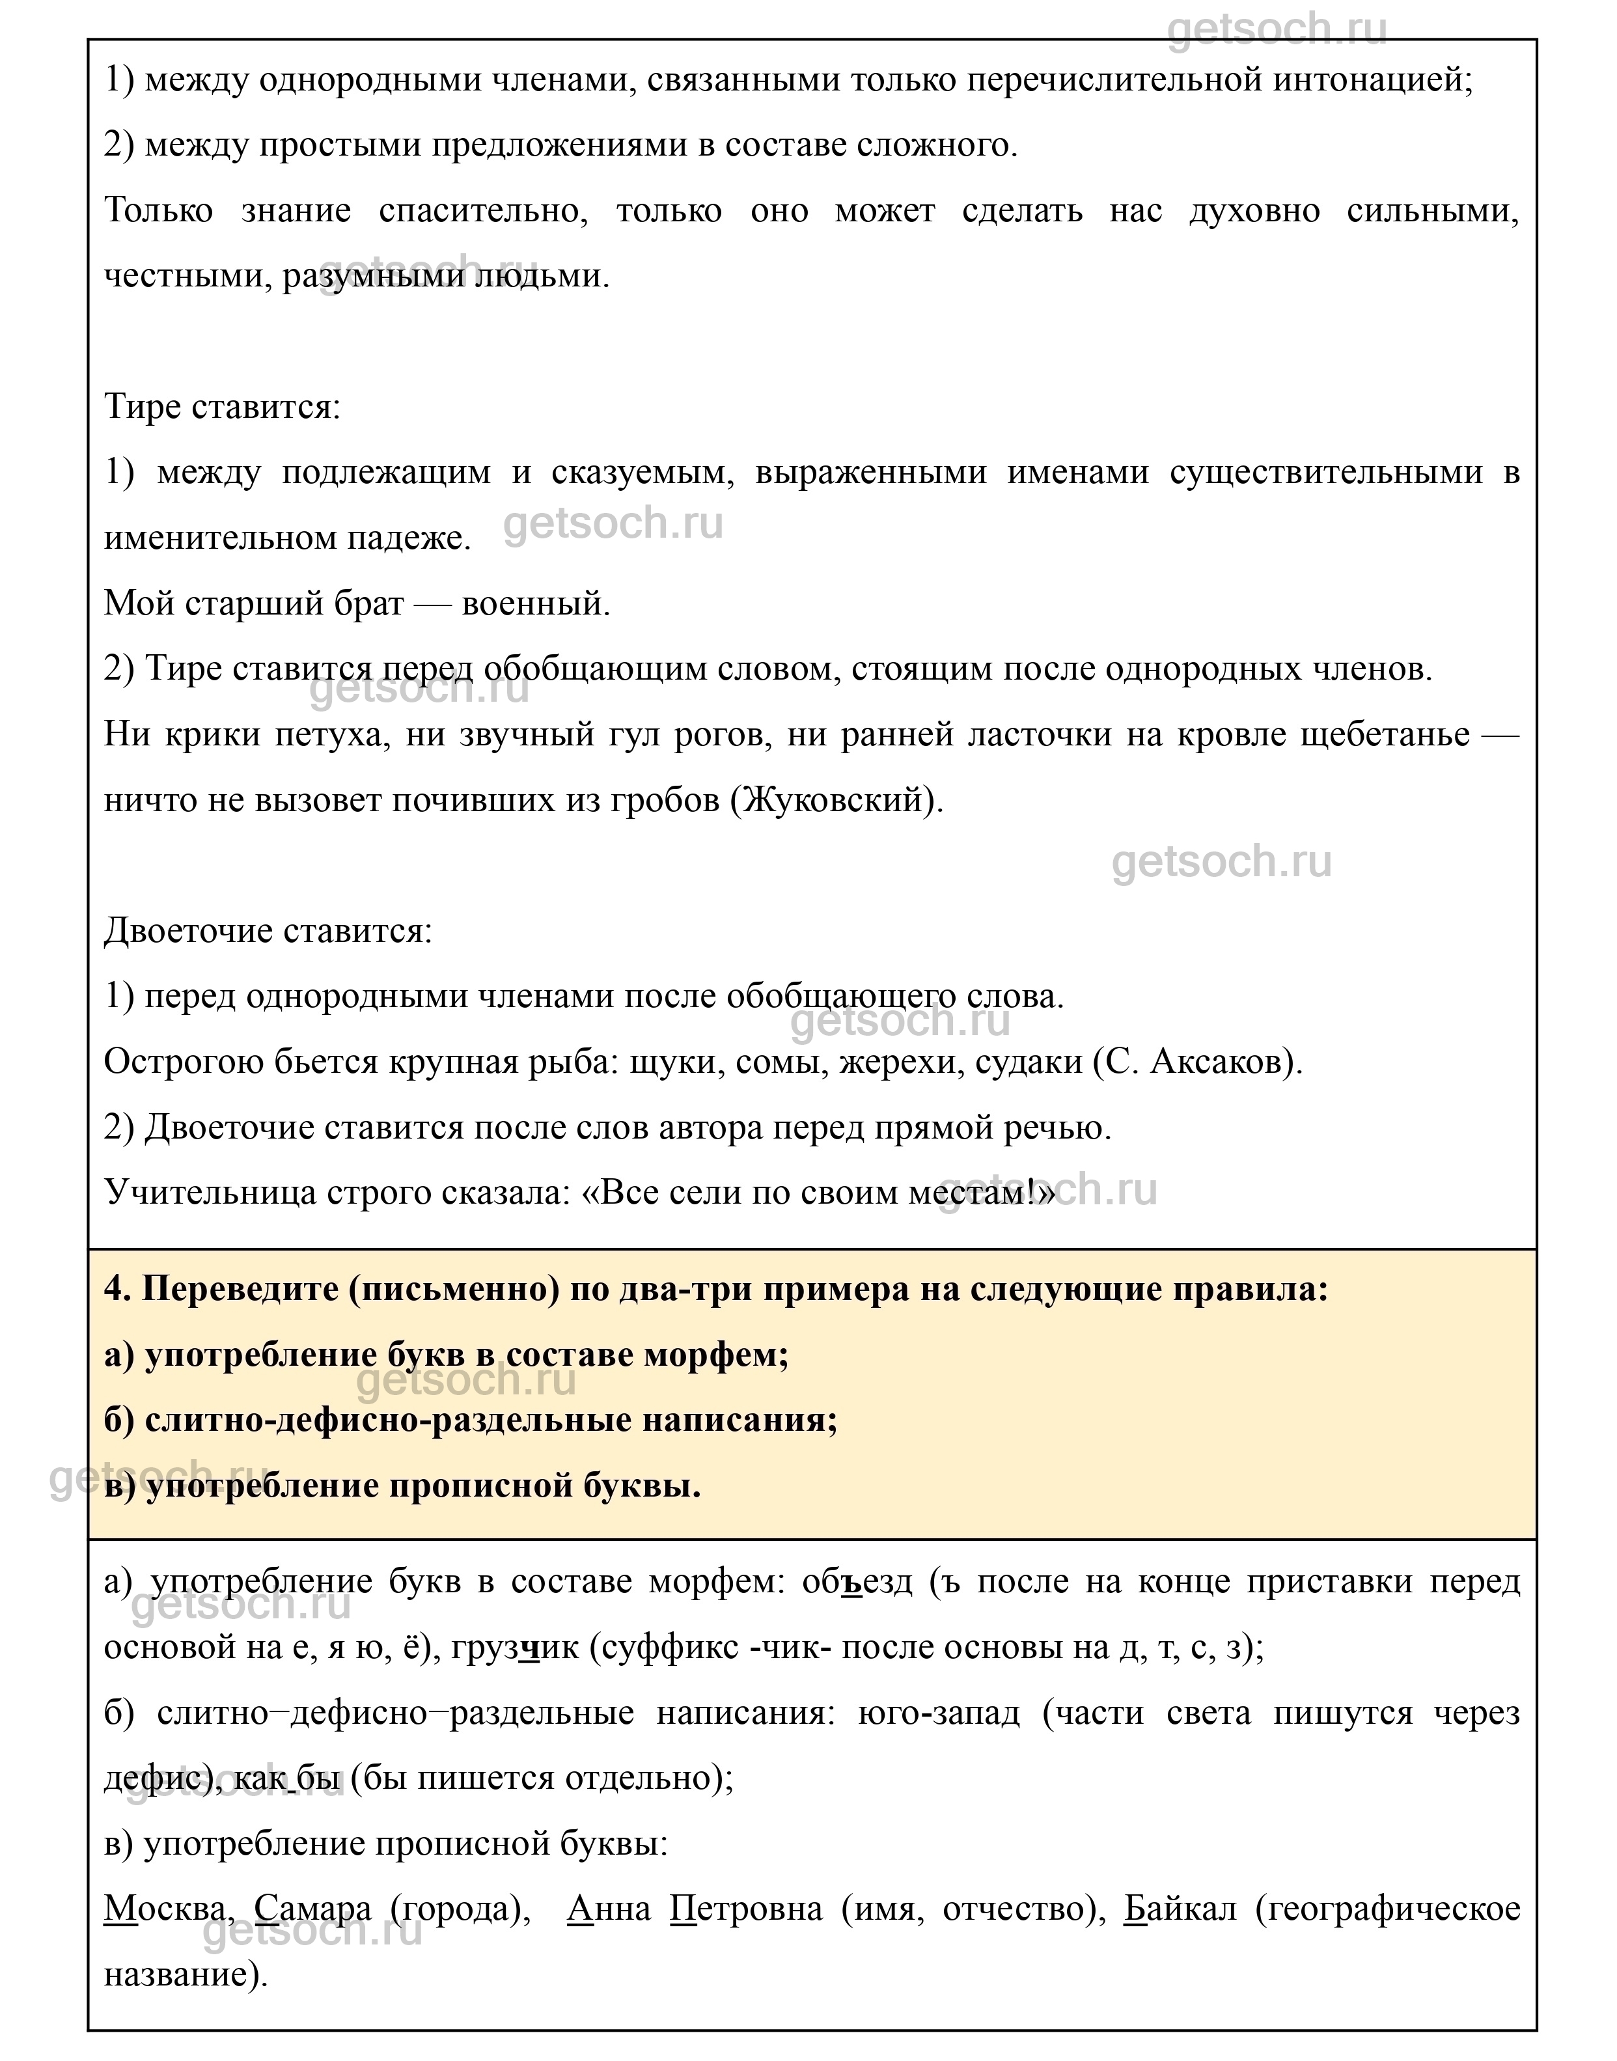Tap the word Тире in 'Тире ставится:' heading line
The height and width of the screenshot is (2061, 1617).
[142, 407]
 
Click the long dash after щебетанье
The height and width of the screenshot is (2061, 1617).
[1499, 735]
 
